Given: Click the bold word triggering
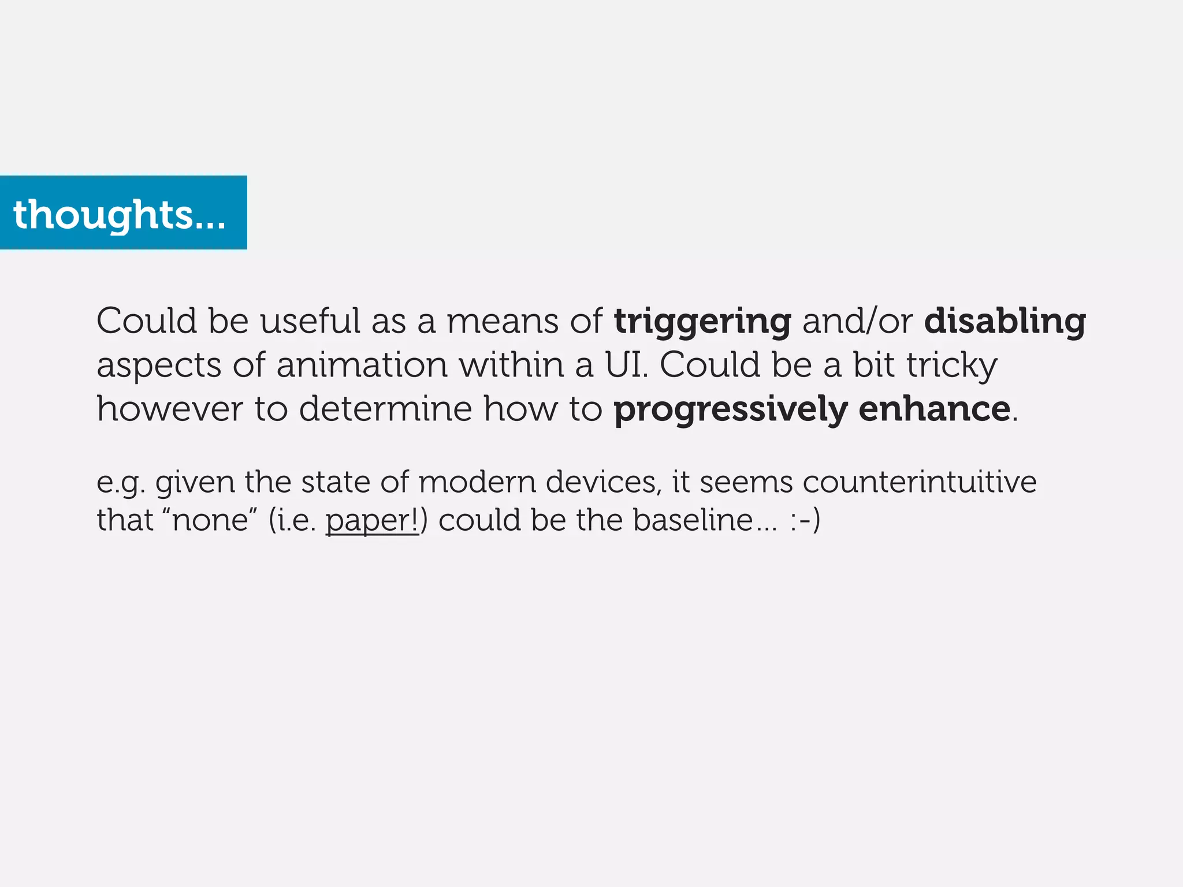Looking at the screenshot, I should pyautogui.click(x=702, y=322).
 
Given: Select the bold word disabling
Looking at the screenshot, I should pyautogui.click(x=1005, y=322).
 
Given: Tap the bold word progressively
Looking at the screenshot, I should pyautogui.click(x=730, y=409).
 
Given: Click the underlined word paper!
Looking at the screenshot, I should pyautogui.click(x=372, y=520).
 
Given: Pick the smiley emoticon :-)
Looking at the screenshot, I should pyautogui.click(x=805, y=519).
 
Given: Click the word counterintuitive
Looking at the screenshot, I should pyautogui.click(x=919, y=482).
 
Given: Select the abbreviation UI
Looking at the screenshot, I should pyautogui.click(x=626, y=366).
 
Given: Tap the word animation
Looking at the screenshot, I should pyautogui.click(x=362, y=366).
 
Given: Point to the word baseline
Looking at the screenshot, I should pyautogui.click(x=693, y=519).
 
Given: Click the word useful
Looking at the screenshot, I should pyautogui.click(x=310, y=322).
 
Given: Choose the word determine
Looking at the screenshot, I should pyautogui.click(x=385, y=409).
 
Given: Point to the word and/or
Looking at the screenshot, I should pyautogui.click(x=857, y=322).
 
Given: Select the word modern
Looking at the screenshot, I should pyautogui.click(x=477, y=482).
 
